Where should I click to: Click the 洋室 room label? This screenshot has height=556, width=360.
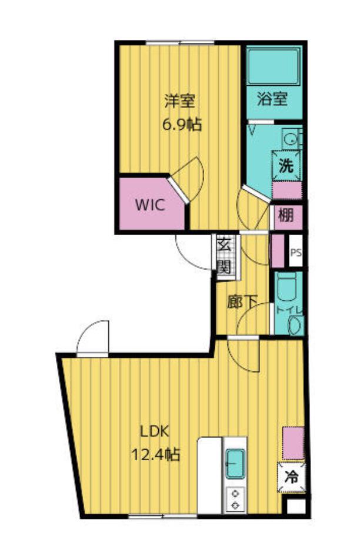click(179, 101)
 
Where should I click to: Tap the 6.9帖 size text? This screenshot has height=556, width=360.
click(182, 125)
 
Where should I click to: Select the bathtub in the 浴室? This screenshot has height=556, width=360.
click(274, 66)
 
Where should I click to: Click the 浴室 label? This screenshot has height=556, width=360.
click(272, 99)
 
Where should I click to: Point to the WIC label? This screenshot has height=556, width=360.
click(150, 205)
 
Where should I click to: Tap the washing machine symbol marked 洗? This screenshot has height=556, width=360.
click(286, 166)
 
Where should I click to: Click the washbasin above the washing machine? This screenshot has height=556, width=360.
click(292, 139)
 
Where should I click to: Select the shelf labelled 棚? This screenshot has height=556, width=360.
click(286, 216)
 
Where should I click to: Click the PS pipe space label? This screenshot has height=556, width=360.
click(296, 253)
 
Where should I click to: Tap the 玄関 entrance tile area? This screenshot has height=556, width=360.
click(224, 256)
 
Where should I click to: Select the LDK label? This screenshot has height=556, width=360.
click(154, 432)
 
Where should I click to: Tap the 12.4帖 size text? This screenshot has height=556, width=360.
click(155, 454)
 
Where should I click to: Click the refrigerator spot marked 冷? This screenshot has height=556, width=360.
click(292, 477)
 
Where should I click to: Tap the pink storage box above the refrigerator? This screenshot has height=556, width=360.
click(294, 443)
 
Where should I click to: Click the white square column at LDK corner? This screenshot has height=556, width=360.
click(296, 506)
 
